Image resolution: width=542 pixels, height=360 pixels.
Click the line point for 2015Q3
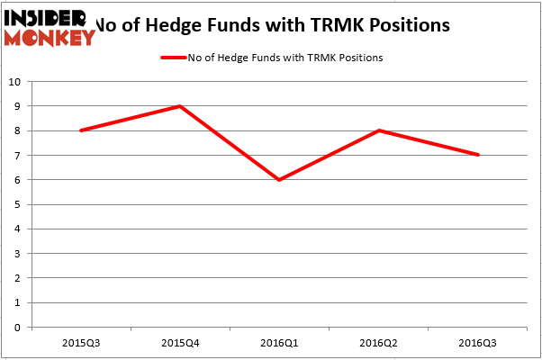coord(81,130)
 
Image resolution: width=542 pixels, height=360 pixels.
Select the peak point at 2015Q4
coord(181,106)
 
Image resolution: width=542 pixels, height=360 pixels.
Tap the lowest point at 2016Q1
coord(280,180)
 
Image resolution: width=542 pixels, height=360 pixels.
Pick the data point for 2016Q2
coord(379,130)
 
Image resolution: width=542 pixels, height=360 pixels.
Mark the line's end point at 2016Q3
coord(478,155)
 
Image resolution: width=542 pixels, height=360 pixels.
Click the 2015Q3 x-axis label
coord(81,344)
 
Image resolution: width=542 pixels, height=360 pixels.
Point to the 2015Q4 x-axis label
coord(181,344)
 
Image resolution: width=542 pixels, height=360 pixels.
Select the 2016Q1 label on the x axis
coord(280,344)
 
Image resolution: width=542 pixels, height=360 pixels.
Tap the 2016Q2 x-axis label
coord(379,344)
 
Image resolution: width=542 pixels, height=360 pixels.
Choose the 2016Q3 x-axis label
coord(478,344)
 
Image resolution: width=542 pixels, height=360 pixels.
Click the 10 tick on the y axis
coord(16,82)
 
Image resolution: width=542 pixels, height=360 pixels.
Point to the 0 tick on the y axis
coord(19,328)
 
